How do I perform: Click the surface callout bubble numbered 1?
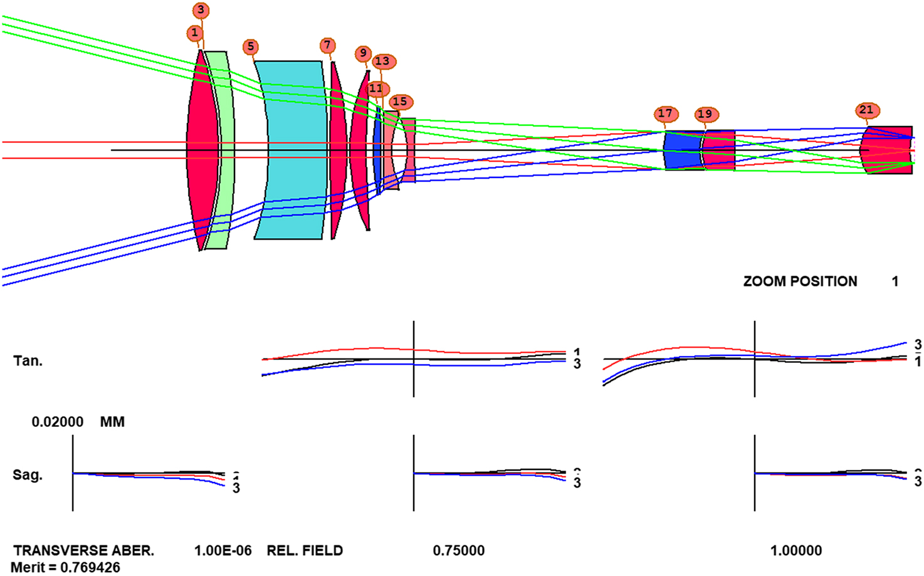click(x=194, y=33)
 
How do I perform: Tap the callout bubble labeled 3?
click(x=201, y=11)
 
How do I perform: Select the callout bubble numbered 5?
click(x=250, y=46)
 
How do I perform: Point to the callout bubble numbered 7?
click(x=327, y=45)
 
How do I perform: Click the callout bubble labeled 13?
click(x=382, y=61)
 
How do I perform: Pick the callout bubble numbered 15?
click(x=400, y=102)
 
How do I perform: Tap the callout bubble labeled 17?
click(x=665, y=113)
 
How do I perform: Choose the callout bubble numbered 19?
click(x=705, y=114)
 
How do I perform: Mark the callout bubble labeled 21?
click(x=866, y=110)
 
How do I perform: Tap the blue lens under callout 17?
click(x=681, y=150)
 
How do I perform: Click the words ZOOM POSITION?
click(x=800, y=281)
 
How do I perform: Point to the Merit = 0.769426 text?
click(x=65, y=567)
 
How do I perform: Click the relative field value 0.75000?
click(x=458, y=551)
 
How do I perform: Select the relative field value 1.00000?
click(x=795, y=551)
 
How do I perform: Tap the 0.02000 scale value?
click(x=58, y=422)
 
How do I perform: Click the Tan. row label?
click(x=28, y=360)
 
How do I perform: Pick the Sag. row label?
click(x=28, y=474)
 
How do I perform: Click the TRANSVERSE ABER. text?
click(x=83, y=551)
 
